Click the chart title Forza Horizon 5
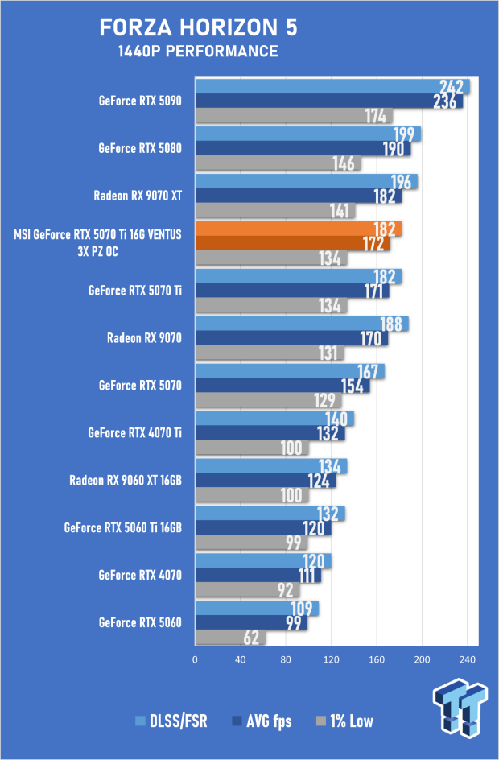[198, 27]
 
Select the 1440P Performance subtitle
[198, 52]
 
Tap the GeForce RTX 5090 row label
[140, 101]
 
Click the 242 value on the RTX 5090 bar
[452, 87]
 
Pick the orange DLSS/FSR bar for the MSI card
[299, 229]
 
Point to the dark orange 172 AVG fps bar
[293, 243]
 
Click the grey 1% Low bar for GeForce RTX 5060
[230, 638]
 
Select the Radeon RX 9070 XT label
[138, 196]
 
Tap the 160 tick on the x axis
[377, 659]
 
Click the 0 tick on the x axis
[195, 659]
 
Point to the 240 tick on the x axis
[468, 659]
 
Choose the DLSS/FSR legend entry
[171, 721]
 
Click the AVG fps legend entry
[262, 721]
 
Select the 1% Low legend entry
[344, 721]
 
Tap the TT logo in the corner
[460, 707]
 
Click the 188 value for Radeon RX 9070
[391, 324]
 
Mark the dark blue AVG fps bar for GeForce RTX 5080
[303, 148]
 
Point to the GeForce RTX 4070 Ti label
[134, 432]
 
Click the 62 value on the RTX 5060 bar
[251, 638]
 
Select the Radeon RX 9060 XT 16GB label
[126, 481]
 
